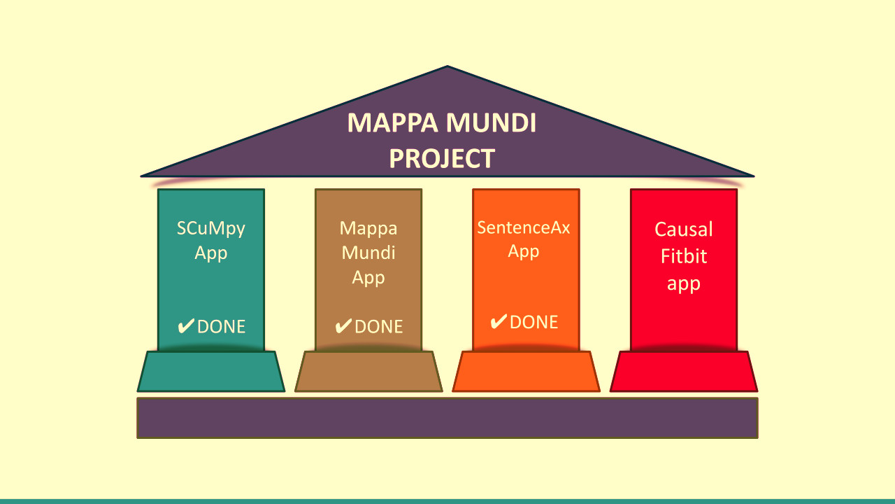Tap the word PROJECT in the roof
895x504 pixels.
[x=442, y=159]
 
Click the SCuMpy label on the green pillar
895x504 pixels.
[x=211, y=228]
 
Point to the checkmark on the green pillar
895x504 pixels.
[x=186, y=326]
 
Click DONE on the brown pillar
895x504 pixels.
[x=379, y=327]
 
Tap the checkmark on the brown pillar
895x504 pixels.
[x=343, y=327]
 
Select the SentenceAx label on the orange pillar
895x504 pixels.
[x=524, y=227]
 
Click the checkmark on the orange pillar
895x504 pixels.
[x=499, y=322]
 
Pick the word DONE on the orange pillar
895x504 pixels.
[x=534, y=322]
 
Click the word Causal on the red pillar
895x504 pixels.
[x=684, y=230]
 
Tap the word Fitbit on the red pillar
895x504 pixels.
[x=684, y=256]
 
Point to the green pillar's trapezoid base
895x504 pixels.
[x=211, y=372]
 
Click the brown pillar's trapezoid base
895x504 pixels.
[x=368, y=372]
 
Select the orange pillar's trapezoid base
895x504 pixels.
[x=526, y=372]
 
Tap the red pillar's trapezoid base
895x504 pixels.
[x=684, y=372]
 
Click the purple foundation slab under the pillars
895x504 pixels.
[x=447, y=418]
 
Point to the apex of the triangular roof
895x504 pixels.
[x=447, y=68]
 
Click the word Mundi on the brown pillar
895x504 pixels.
[x=368, y=253]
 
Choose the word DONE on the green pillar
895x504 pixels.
[x=222, y=327]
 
